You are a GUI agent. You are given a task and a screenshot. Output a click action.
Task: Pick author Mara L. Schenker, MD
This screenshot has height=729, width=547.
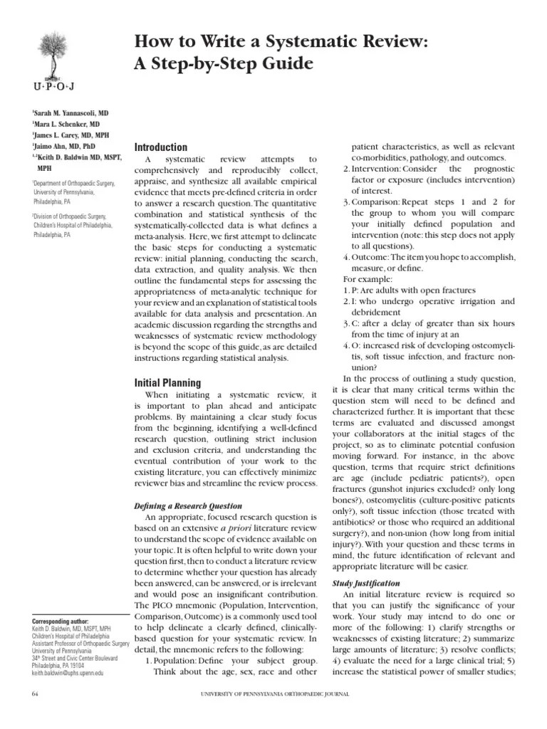click(66, 123)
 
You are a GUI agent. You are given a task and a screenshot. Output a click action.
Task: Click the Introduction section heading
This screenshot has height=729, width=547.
click(161, 147)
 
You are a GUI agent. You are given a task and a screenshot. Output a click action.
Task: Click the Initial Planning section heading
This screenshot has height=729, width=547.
click(168, 382)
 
